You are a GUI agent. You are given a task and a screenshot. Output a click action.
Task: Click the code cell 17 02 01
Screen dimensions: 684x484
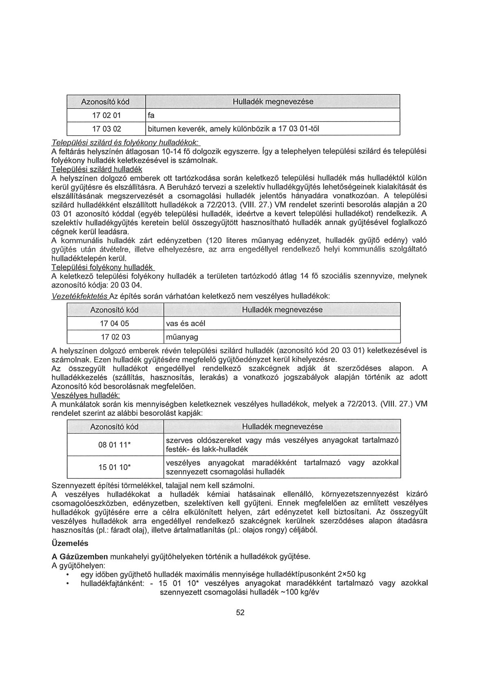[106, 115]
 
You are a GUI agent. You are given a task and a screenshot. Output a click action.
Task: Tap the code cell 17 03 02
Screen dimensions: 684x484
[106, 129]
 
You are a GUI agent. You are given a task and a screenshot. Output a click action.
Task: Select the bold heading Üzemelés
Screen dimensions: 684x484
[70, 543]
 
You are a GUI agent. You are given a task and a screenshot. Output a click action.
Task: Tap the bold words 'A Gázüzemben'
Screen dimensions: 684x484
[80, 556]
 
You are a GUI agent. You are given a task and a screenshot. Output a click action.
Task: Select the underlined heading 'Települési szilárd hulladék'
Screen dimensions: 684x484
[96, 169]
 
